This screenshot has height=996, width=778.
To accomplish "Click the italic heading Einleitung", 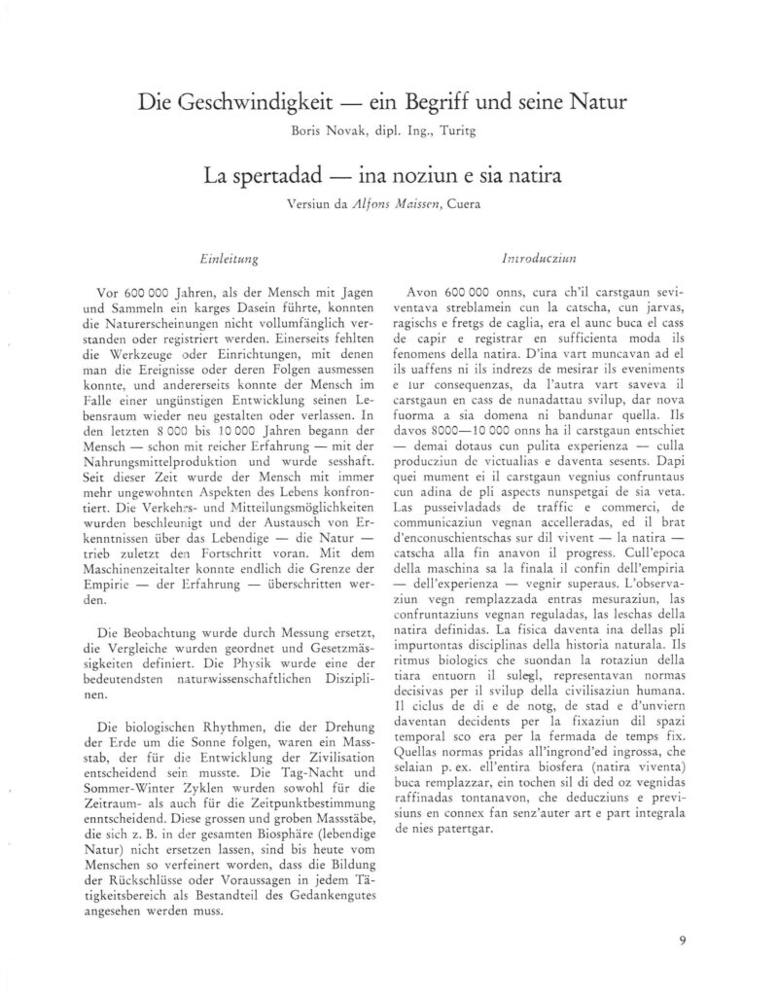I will coord(226,260).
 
